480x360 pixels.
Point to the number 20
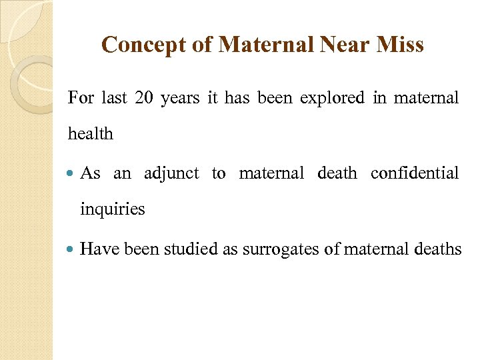[x=143, y=98]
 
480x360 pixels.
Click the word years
[x=179, y=98]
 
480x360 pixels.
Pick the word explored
[x=332, y=98]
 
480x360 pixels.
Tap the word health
[x=91, y=134]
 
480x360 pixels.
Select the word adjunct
[x=171, y=173]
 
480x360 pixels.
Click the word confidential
[x=415, y=173]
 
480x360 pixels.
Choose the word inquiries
[x=112, y=209]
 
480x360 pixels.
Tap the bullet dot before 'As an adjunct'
[x=72, y=174]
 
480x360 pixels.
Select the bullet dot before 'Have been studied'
[x=72, y=250]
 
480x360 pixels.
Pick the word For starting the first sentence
[x=81, y=98]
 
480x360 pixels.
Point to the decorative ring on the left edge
[x=30, y=84]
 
